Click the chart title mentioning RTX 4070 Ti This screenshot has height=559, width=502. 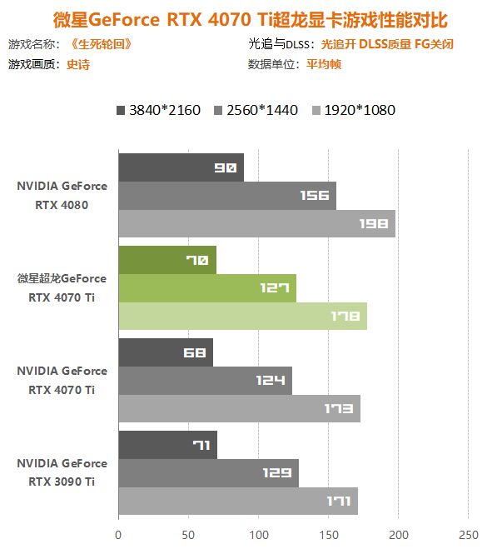pyautogui.click(x=251, y=18)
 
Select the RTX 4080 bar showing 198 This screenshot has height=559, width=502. pyautogui.click(x=256, y=223)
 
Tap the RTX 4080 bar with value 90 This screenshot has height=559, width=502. pyautogui.click(x=181, y=167)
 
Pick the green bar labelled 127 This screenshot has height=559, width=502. pyautogui.click(x=207, y=288)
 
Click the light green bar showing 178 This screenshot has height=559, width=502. pyautogui.click(x=242, y=316)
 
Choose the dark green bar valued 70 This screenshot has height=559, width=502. pyautogui.click(x=167, y=260)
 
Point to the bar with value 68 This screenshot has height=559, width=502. pyautogui.click(x=165, y=352)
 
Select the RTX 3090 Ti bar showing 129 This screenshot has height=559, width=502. pyautogui.click(x=208, y=472)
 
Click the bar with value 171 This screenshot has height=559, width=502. pyautogui.click(x=238, y=501)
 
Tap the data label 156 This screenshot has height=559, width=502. pyautogui.click(x=317, y=196)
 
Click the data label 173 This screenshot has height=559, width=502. pyautogui.click(x=342, y=408)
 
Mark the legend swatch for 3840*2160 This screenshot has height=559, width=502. pyautogui.click(x=122, y=110)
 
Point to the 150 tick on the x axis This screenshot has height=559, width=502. pyautogui.click(x=329, y=534)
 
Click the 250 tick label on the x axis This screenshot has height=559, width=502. pyautogui.click(x=469, y=534)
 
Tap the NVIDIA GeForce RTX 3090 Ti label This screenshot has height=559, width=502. pyautogui.click(x=62, y=472)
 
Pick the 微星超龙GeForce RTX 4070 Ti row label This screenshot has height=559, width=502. pyautogui.click(x=62, y=287)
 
